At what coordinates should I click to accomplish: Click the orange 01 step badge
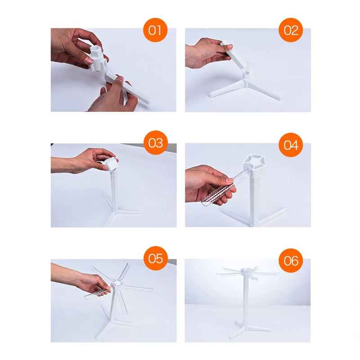[x=155, y=30]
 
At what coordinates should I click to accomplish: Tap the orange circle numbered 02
[x=291, y=30]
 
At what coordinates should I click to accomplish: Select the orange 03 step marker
[x=156, y=143]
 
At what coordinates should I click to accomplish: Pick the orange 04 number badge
[x=291, y=145]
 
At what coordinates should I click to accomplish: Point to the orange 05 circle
[x=156, y=258]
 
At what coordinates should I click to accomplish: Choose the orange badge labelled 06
[x=291, y=261]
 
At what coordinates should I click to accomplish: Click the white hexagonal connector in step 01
[x=98, y=58]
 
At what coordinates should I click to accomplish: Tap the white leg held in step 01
[x=128, y=87]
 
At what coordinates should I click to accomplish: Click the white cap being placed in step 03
[x=111, y=163]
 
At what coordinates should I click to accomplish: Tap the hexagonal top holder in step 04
[x=254, y=162]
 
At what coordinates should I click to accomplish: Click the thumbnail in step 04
[x=230, y=180]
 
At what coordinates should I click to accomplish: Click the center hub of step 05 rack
[x=117, y=283]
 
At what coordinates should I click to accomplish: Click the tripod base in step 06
[x=249, y=329]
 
